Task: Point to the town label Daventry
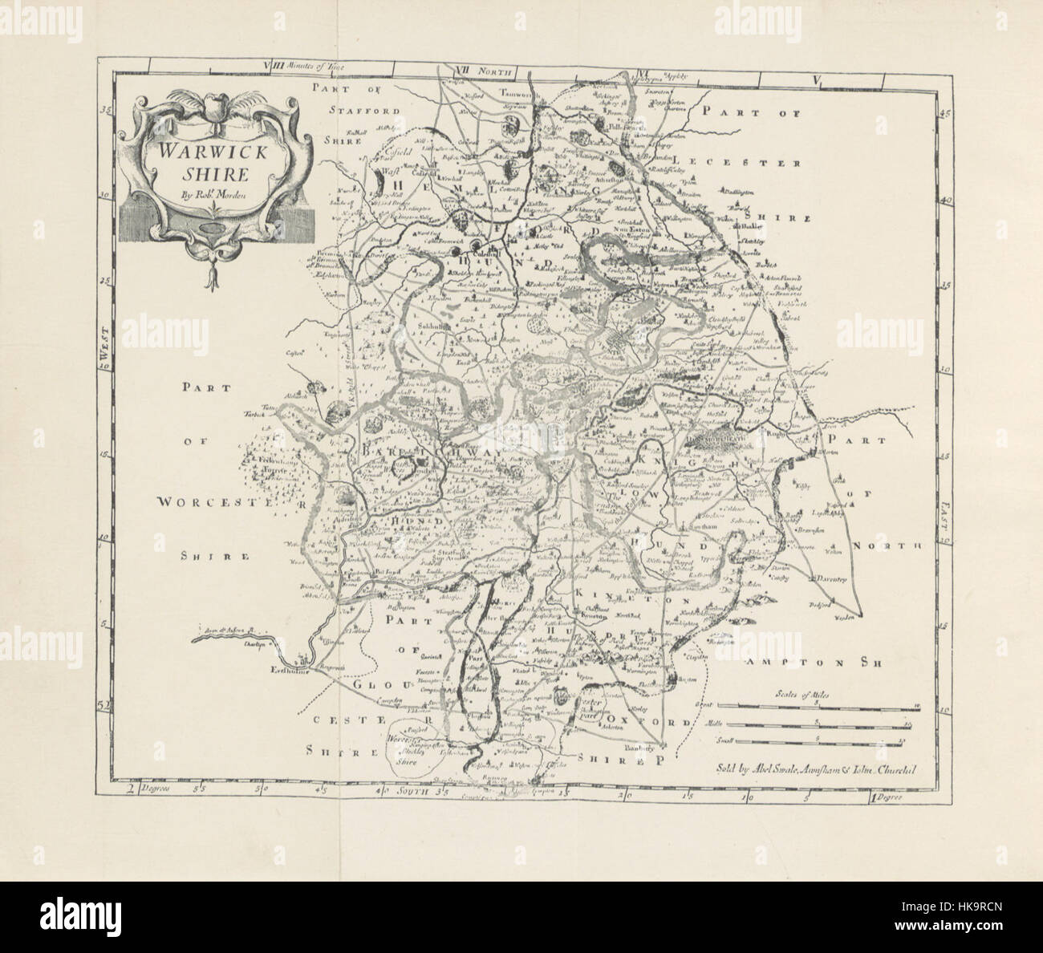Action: [836, 578]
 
